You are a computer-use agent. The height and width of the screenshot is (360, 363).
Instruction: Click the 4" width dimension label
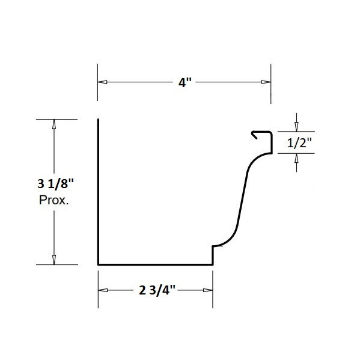click(x=185, y=82)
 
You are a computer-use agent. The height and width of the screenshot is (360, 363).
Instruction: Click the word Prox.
click(x=54, y=201)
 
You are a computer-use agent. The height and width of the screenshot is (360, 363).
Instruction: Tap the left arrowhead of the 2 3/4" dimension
click(x=103, y=290)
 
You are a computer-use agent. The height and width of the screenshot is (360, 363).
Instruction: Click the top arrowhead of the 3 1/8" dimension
click(x=55, y=125)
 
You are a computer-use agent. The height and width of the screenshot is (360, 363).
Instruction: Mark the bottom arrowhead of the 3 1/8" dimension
click(x=55, y=259)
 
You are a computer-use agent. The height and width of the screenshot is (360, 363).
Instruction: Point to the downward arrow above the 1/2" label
click(x=296, y=127)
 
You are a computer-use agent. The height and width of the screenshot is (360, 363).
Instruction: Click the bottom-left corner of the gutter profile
click(x=99, y=263)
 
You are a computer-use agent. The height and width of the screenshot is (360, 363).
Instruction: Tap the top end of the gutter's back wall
click(x=98, y=120)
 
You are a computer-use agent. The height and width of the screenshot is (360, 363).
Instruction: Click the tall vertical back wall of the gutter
click(x=98, y=192)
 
